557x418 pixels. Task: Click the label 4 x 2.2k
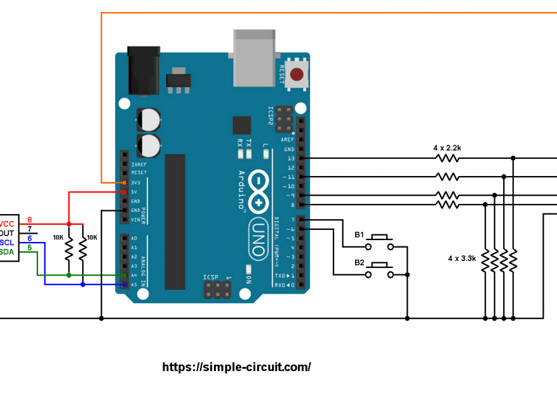(447, 148)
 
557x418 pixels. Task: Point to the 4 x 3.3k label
(462, 258)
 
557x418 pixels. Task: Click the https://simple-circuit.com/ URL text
(237, 367)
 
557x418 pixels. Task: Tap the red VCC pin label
(7, 224)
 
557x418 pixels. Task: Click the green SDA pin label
(7, 252)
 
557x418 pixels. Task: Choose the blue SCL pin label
(7, 243)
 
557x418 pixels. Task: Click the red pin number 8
(29, 220)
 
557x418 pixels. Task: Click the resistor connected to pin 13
(447, 158)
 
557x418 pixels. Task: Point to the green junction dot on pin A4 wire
(69, 275)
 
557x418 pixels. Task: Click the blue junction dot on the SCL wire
(83, 285)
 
